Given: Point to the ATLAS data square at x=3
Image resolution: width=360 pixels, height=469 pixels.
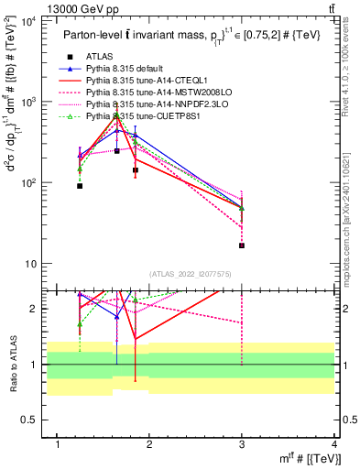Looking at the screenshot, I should tap(242, 245).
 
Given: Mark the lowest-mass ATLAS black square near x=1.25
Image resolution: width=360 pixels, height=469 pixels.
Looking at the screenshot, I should tap(80, 186).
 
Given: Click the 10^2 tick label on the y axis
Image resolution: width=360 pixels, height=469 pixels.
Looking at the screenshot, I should tap(28, 183).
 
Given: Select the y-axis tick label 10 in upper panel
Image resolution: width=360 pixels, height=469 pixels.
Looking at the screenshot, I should tap(31, 265).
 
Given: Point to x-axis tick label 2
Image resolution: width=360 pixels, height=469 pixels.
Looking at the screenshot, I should tap(149, 444).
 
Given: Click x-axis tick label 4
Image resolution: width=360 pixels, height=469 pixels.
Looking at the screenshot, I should tap(334, 444).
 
